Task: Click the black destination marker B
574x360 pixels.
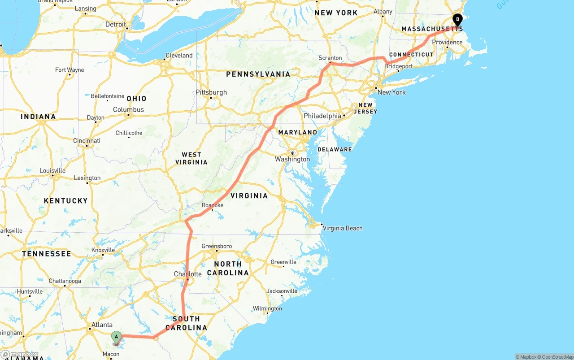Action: (457, 20)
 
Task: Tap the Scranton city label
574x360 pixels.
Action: (330, 58)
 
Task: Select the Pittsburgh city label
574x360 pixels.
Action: (211, 92)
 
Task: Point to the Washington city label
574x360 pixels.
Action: (292, 159)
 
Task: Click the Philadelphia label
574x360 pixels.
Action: (322, 116)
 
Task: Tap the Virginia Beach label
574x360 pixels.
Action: (343, 228)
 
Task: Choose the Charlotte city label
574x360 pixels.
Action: (187, 274)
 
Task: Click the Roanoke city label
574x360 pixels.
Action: (213, 205)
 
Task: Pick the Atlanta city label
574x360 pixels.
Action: (102, 325)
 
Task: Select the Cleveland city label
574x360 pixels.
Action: (179, 56)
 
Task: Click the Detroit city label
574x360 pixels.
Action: (116, 24)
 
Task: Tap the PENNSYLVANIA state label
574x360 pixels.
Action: (258, 74)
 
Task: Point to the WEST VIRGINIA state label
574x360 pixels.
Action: (191, 158)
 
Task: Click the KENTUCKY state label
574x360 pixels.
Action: (65, 200)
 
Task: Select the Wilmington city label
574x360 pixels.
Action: (267, 308)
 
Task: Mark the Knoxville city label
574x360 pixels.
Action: (103, 250)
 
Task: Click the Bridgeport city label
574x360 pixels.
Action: (399, 66)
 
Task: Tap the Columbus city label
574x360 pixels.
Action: (128, 109)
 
